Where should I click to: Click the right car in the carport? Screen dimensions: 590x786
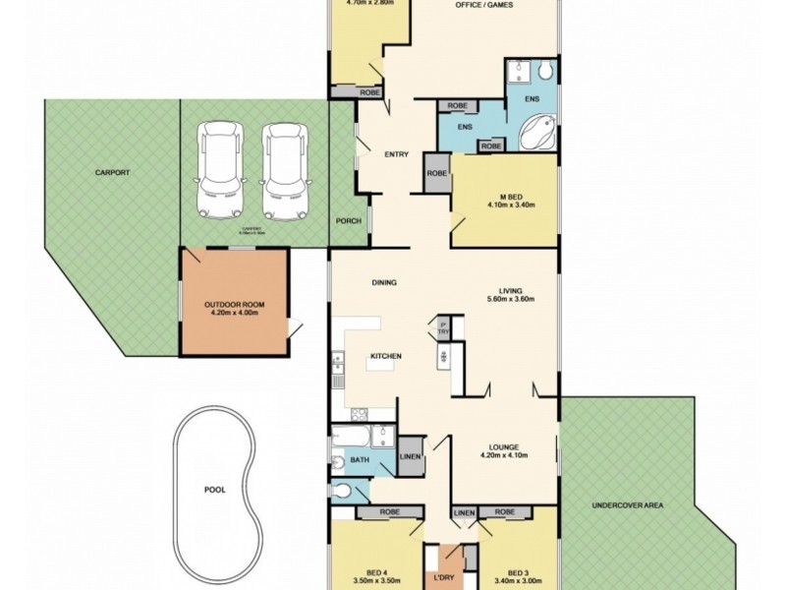[282, 170]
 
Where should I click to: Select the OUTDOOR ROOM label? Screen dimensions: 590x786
[232, 304]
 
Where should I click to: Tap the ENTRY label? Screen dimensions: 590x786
[397, 153]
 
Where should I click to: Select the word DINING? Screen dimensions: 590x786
[384, 283]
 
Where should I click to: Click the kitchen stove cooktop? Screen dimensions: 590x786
[359, 414]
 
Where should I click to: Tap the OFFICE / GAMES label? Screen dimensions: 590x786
[484, 7]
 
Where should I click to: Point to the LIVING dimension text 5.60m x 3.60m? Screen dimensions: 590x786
[509, 300]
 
